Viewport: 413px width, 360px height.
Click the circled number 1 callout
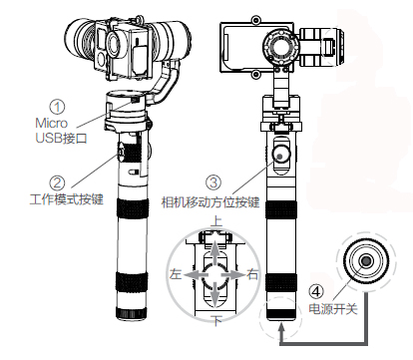pos(58,107)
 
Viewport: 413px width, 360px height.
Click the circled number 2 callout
pos(57,182)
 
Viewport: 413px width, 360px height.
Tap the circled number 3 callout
pos(213,182)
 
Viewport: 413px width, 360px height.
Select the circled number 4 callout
pos(316,291)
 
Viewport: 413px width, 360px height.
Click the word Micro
pos(52,123)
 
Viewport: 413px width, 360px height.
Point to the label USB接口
pos(61,138)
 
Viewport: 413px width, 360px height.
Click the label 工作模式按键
pos(67,199)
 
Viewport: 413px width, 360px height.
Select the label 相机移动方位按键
pos(210,202)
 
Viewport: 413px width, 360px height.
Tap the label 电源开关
pos(333,309)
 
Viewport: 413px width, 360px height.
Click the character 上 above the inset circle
pos(216,221)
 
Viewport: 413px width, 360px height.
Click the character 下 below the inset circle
pos(216,321)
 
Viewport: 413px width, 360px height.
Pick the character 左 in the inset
pos(176,274)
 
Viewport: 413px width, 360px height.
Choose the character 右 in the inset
pos(252,274)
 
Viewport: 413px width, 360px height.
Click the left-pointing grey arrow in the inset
pos(197,275)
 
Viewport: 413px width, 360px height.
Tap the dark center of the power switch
pos(366,261)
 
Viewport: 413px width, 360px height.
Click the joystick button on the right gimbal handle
pos(280,155)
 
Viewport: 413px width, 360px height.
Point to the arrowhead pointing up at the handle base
pos(281,329)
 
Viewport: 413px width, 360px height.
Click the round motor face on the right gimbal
pos(279,47)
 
